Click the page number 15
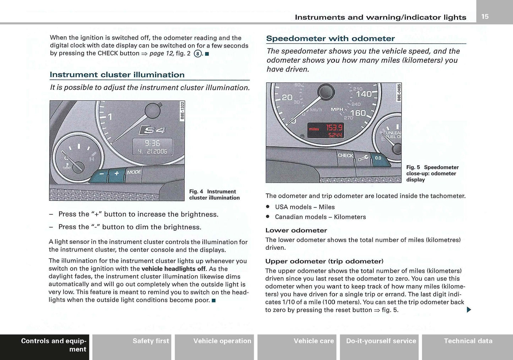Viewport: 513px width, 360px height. [485, 16]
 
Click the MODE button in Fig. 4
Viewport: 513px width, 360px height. [134, 172]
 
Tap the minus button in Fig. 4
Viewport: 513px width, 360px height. [102, 174]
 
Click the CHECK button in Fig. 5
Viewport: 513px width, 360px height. [345, 155]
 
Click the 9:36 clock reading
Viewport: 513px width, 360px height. [152, 143]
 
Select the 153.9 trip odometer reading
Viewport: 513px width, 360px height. [334, 128]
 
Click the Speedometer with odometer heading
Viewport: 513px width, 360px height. [330, 39]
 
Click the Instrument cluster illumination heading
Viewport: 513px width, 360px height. [117, 75]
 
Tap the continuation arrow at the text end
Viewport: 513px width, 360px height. [469, 310]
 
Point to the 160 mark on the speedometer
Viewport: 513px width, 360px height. [358, 113]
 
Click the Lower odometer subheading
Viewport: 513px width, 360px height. [296, 231]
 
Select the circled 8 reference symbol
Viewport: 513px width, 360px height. [197, 54]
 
